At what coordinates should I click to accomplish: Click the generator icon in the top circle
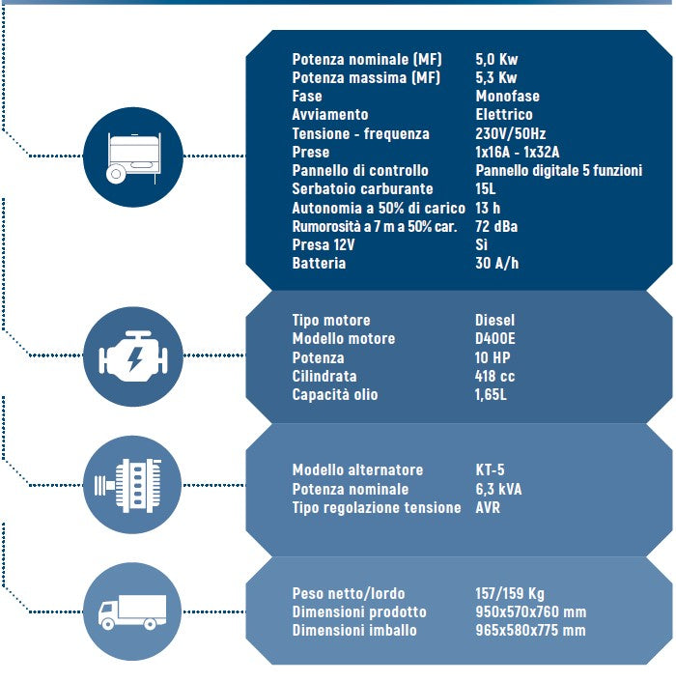(x=133, y=157)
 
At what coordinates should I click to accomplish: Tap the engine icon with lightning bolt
(x=133, y=356)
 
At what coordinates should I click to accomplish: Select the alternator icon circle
(x=132, y=485)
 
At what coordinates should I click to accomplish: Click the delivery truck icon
(x=132, y=611)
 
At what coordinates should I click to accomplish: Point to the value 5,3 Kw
(x=496, y=77)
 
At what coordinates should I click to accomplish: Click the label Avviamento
(x=330, y=114)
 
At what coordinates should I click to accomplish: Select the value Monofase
(x=507, y=96)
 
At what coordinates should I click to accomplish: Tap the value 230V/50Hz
(x=510, y=133)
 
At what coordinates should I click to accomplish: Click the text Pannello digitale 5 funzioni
(x=558, y=170)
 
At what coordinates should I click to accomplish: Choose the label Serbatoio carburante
(x=362, y=188)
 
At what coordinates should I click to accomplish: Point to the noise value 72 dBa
(x=496, y=226)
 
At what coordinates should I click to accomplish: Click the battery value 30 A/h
(x=497, y=263)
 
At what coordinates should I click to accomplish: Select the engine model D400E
(x=495, y=338)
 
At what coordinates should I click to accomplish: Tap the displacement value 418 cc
(x=494, y=376)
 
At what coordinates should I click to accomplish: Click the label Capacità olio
(x=335, y=394)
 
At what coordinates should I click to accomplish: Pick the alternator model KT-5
(x=490, y=469)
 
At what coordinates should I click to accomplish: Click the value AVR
(x=488, y=507)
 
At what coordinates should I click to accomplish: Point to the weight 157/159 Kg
(x=510, y=593)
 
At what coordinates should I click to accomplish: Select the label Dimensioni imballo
(x=354, y=630)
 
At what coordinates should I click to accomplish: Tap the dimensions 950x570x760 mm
(x=530, y=611)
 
